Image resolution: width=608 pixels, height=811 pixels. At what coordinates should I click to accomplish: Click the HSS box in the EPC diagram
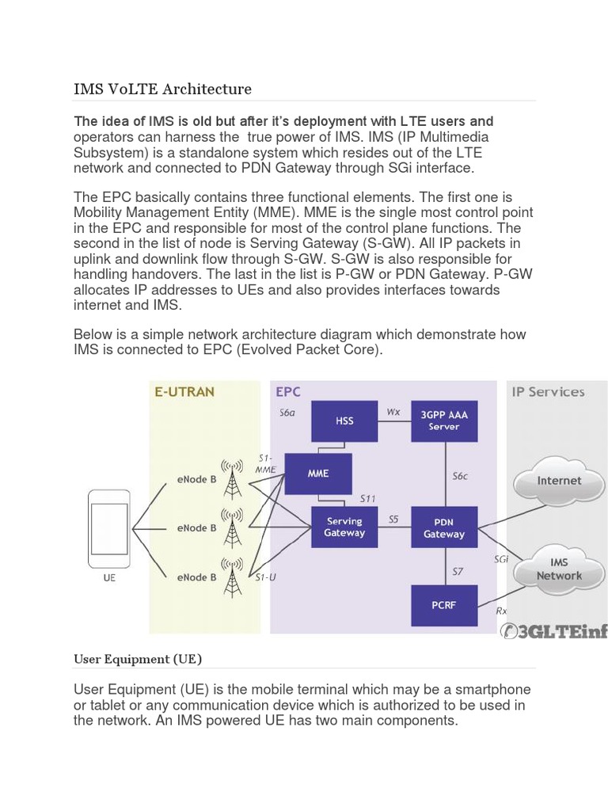tap(344, 421)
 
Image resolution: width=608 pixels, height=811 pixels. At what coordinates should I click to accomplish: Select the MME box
tap(318, 474)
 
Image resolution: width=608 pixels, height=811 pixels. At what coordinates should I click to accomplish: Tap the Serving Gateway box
tap(344, 527)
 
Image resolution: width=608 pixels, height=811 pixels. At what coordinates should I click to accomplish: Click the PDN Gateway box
tap(444, 527)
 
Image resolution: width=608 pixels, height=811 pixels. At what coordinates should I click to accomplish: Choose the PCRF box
tap(444, 605)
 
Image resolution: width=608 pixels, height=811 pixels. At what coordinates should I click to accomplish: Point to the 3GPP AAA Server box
tap(444, 421)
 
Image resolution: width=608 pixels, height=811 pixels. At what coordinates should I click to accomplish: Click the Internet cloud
tap(559, 481)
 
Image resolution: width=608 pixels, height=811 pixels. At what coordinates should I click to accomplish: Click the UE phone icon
tap(108, 528)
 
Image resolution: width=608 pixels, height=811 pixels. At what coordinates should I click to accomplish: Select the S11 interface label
tap(367, 499)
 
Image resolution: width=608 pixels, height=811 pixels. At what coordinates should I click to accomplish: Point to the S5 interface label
tap(393, 519)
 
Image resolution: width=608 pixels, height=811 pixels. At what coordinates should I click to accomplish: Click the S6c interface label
tap(460, 476)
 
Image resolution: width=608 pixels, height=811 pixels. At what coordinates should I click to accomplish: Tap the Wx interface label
tap(393, 412)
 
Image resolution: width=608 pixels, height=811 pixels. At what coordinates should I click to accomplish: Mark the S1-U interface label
tap(265, 577)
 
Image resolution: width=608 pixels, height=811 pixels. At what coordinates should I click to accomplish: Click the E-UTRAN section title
tap(184, 391)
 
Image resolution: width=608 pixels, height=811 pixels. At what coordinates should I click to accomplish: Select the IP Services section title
tap(548, 392)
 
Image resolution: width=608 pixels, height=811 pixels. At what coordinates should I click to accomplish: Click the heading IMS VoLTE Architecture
tap(162, 89)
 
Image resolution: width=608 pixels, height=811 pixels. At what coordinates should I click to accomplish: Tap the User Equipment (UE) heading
tap(138, 659)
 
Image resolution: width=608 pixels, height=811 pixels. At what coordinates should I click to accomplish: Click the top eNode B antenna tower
tap(232, 478)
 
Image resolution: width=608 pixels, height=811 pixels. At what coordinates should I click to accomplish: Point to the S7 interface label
tap(458, 572)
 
